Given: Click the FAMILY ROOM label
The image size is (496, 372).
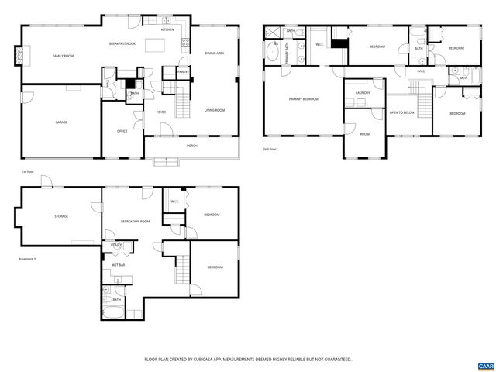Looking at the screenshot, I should [x=63, y=57].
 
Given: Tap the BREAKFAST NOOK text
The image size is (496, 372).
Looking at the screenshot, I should [x=123, y=43].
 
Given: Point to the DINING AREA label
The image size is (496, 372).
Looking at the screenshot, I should [x=215, y=53].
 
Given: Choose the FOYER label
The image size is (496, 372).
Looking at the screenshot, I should [x=161, y=112].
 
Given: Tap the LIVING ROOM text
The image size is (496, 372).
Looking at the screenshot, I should [x=215, y=111].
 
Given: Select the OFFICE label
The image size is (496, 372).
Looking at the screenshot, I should [x=122, y=131].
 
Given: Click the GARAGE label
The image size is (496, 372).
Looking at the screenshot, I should [x=60, y=122].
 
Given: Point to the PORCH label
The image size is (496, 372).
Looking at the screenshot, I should [x=191, y=146].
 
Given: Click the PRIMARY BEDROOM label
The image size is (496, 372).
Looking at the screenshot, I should [x=303, y=99].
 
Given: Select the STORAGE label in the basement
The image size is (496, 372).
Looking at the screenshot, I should [x=60, y=216].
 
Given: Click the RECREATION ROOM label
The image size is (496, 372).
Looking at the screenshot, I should [x=135, y=222].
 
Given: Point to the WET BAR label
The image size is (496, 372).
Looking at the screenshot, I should [x=119, y=265].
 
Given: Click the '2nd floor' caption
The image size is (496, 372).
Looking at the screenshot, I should [x=270, y=149].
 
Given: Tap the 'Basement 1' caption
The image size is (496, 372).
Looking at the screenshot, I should [x=28, y=260].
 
